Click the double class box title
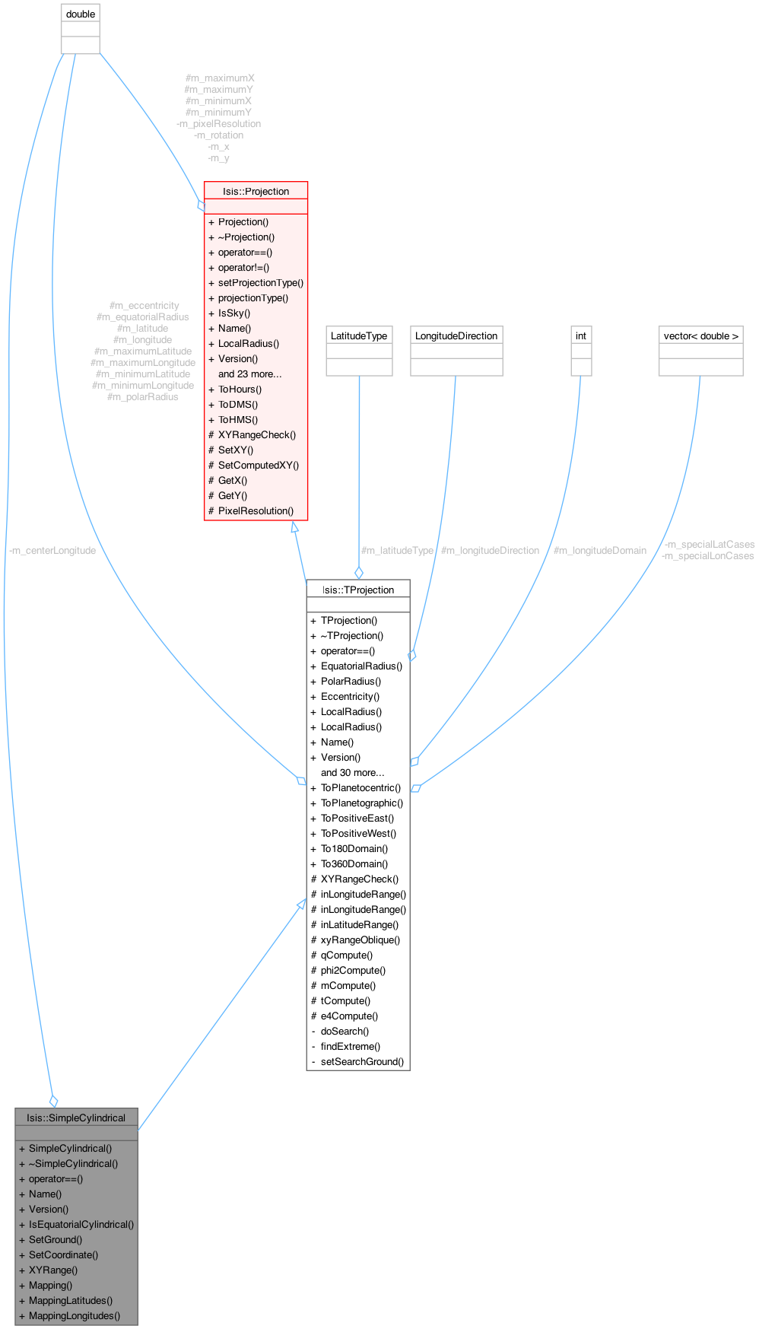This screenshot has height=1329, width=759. click(81, 14)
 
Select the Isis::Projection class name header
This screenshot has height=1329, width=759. click(256, 191)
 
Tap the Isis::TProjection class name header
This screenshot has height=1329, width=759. click(358, 590)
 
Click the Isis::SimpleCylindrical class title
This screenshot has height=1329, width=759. click(76, 1118)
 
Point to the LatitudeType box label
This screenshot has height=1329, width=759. click(359, 335)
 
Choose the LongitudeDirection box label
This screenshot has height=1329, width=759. click(456, 335)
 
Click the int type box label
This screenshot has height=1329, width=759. click(581, 335)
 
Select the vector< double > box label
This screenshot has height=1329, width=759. click(700, 335)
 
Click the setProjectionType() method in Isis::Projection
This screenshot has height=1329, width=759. click(260, 282)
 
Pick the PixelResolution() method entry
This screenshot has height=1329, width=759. click(256, 510)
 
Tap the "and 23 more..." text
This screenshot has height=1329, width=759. click(249, 374)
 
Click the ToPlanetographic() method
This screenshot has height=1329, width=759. click(361, 803)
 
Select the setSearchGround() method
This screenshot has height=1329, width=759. click(362, 1061)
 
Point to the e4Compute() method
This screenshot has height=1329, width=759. click(349, 1016)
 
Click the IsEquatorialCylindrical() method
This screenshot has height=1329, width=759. click(81, 1224)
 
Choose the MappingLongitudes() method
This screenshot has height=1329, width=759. click(75, 1315)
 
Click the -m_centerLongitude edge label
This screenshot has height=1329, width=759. click(52, 550)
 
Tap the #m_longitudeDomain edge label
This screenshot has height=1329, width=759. click(599, 550)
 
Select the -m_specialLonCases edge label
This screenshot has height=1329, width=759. click(708, 556)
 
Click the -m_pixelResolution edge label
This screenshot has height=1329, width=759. click(219, 123)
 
